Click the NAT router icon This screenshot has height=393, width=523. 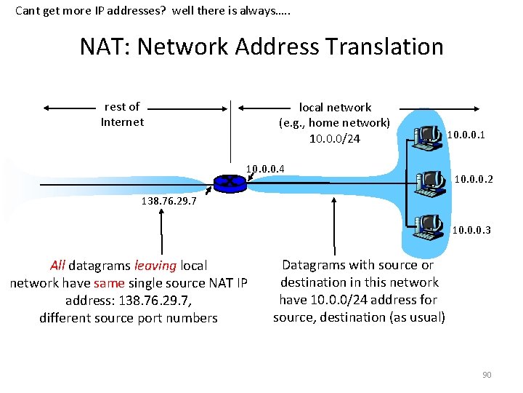(231, 183)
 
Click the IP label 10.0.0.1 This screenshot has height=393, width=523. (466, 135)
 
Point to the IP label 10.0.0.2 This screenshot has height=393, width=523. (474, 178)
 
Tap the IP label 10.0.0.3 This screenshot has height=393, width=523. (471, 231)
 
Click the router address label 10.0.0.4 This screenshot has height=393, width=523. (265, 170)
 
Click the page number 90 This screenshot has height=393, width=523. (487, 375)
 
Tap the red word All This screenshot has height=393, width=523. (58, 266)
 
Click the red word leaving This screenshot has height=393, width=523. (155, 266)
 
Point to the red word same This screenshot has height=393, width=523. (110, 283)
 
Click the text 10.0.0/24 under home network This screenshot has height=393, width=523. (335, 139)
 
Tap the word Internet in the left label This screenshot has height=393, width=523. (122, 122)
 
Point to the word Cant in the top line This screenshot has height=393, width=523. (28, 11)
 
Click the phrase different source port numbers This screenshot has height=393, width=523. (129, 318)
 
